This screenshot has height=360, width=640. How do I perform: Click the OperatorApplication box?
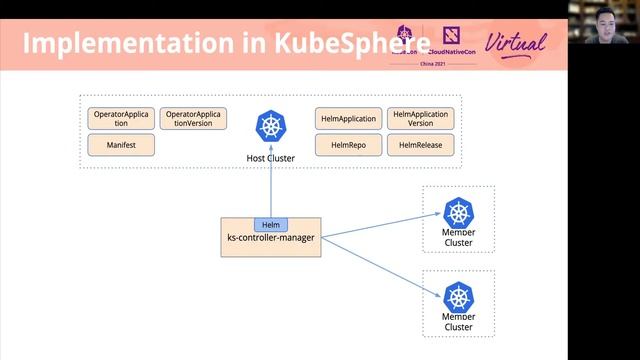pyautogui.click(x=118, y=120)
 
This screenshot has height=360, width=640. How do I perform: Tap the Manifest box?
pyautogui.click(x=118, y=146)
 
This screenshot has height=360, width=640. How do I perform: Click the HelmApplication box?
pyautogui.click(x=348, y=120)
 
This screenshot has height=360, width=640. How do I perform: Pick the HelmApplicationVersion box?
pyautogui.click(x=420, y=120)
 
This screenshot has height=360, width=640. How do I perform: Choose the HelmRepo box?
pyautogui.click(x=348, y=146)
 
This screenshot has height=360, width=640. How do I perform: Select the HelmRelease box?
pyautogui.click(x=420, y=146)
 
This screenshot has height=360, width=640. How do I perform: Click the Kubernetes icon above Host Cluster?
pyautogui.click(x=270, y=127)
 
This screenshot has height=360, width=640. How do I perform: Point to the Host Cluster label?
pyautogui.click(x=270, y=158)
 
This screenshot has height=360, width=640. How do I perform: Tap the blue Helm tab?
pyautogui.click(x=270, y=225)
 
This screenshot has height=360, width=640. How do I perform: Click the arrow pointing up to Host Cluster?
pyautogui.click(x=270, y=190)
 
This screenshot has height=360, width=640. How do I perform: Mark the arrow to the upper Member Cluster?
pyautogui.click(x=380, y=225)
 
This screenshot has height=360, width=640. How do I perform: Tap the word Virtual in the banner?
pyautogui.click(x=515, y=43)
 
